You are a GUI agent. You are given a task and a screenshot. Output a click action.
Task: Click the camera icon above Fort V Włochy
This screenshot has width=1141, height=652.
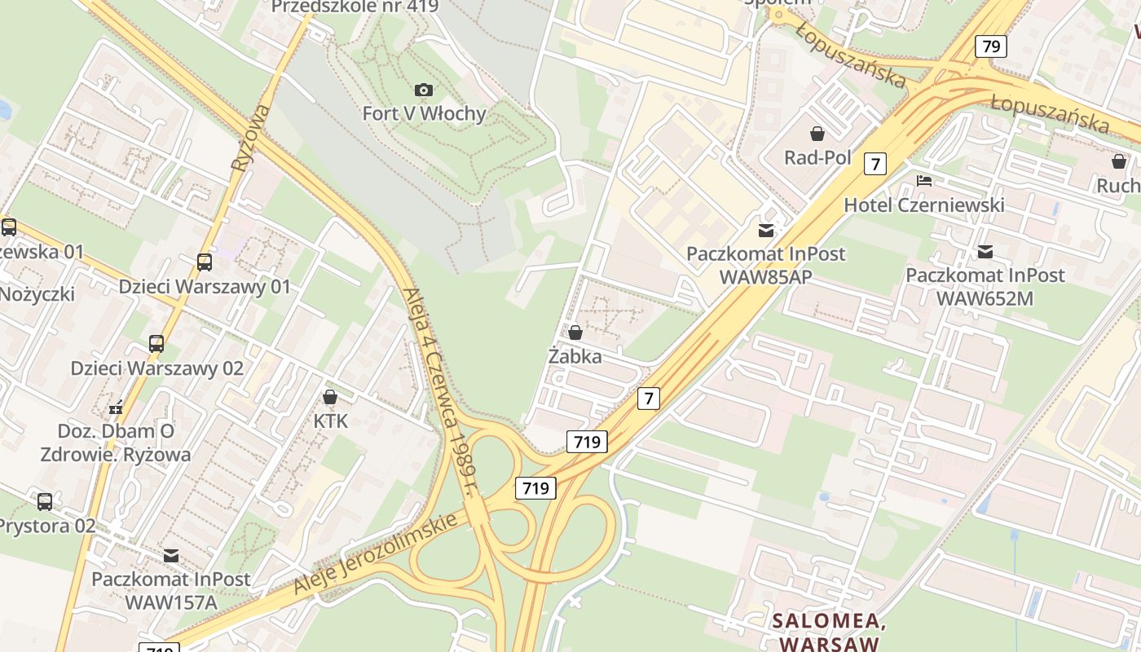click(424, 90)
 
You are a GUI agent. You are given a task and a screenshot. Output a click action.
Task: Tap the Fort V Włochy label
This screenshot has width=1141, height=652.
click(424, 113)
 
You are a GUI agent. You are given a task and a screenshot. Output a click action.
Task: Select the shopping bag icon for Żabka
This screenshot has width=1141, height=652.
click(575, 333)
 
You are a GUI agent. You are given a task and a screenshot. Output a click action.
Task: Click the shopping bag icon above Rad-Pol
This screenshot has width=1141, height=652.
click(817, 134)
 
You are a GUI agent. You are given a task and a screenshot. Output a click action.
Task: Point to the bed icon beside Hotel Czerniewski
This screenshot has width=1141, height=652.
click(923, 181)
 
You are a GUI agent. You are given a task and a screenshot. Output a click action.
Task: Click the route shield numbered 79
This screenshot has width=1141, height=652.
click(991, 46)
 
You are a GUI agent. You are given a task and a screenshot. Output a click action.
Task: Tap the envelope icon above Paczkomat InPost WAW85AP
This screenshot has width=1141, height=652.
click(766, 231)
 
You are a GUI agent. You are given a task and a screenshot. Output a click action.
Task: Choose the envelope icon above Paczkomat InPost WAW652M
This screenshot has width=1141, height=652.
click(985, 252)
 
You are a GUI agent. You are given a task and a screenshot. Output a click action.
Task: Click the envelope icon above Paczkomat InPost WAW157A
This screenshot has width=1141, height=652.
click(171, 556)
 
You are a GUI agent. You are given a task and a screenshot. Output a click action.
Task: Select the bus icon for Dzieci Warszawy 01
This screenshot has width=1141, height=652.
click(205, 262)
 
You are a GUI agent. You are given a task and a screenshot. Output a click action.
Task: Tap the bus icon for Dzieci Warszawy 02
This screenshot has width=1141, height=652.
click(156, 344)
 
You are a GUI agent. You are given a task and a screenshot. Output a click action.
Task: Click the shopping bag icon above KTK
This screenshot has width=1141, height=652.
click(330, 397)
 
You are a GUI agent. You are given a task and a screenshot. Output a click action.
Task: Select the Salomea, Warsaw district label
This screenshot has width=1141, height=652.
click(829, 632)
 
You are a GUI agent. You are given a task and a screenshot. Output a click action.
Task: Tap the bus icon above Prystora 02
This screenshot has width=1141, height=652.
click(45, 502)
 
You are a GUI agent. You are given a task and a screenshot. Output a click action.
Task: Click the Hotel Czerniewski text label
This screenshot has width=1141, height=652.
click(923, 205)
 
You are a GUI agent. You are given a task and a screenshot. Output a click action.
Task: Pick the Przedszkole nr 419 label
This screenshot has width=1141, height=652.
click(355, 7)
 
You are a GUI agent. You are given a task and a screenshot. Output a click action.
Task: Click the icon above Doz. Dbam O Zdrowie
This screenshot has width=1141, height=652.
click(116, 407)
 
